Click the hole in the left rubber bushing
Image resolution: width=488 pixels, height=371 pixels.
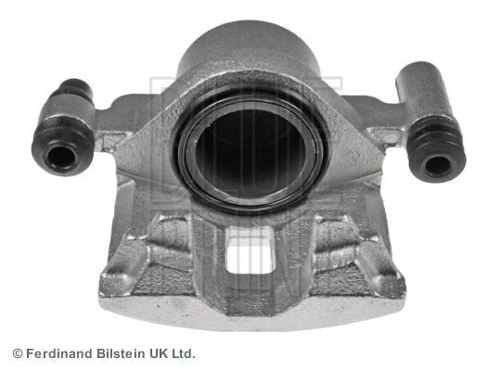(61, 157)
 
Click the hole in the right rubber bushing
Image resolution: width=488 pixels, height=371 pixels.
(438, 164)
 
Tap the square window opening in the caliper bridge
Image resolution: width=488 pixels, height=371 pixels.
(250, 254)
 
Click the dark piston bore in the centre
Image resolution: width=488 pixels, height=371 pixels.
(249, 152)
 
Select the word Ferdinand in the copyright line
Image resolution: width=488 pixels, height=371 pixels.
(59, 354)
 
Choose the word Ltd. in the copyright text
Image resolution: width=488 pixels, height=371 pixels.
(184, 354)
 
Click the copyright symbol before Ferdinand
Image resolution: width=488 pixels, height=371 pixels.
(18, 354)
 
